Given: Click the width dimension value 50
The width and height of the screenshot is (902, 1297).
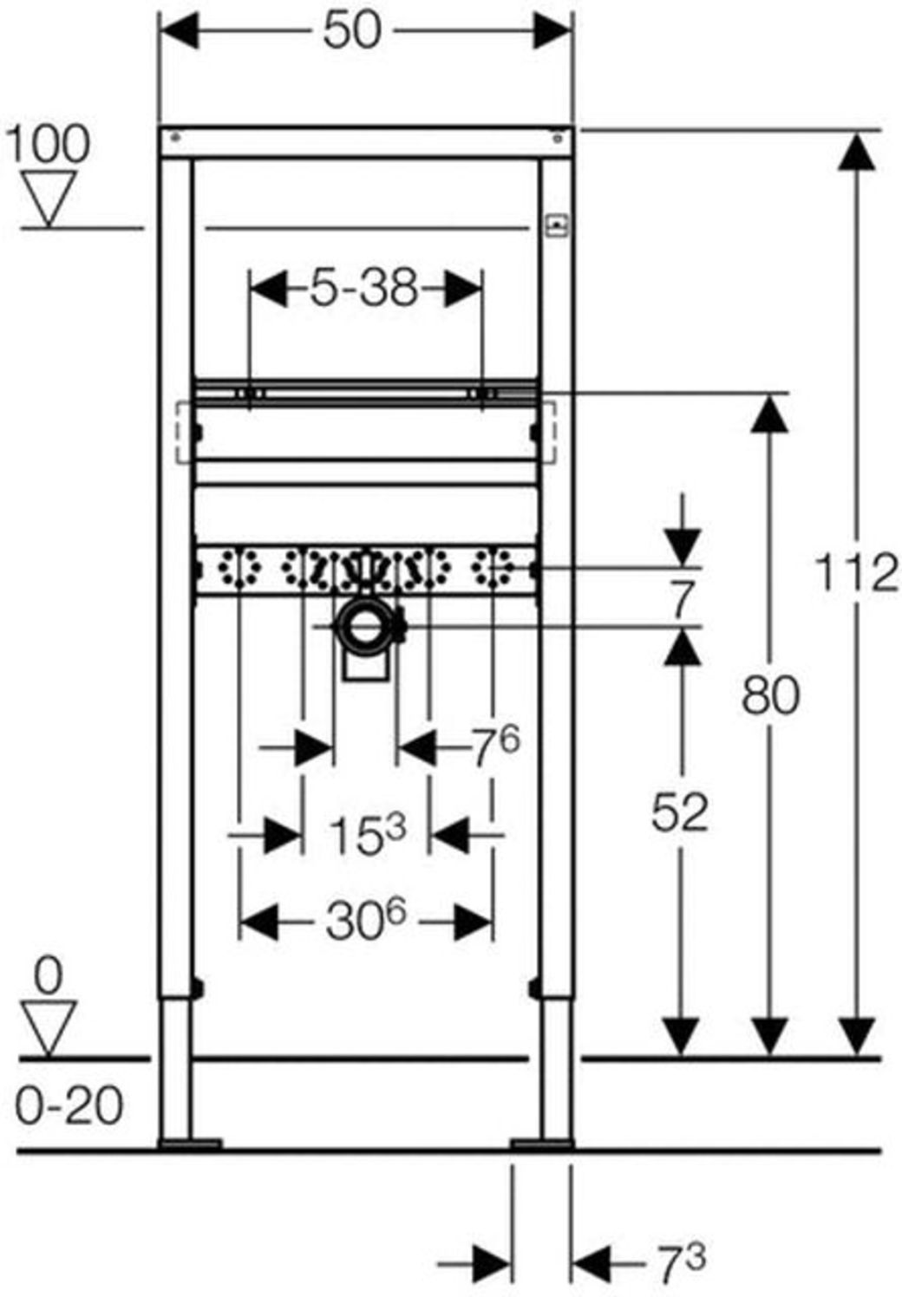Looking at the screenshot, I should [x=351, y=32].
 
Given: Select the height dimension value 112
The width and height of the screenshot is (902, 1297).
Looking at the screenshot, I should [x=856, y=574].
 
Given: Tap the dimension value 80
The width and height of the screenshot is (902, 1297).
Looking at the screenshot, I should [x=769, y=695].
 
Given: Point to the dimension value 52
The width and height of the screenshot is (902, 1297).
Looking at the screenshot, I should [x=680, y=812].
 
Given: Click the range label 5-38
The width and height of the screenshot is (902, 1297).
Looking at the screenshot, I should [x=364, y=288].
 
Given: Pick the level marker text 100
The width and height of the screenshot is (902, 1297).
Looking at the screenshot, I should [x=48, y=144].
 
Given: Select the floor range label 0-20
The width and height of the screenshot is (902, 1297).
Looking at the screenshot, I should [x=69, y=1106].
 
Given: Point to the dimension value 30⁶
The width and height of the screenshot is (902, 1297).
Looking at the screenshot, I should [x=365, y=922].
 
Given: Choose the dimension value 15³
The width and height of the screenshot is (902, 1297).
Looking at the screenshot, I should [x=367, y=836].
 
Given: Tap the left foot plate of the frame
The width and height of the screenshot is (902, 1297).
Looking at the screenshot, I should [x=190, y=1144].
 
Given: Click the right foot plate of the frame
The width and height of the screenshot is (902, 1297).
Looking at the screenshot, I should [x=542, y=1144].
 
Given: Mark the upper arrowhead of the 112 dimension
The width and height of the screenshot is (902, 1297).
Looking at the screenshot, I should [x=858, y=153].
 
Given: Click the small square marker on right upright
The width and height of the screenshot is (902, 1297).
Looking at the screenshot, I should [x=555, y=226].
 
